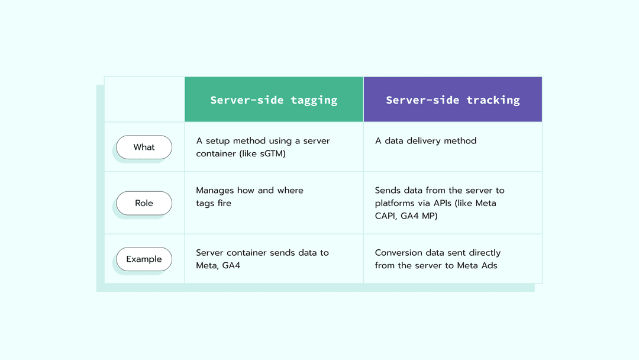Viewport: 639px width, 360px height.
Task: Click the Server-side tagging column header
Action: click(x=274, y=99)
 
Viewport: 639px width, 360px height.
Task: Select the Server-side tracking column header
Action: click(x=453, y=99)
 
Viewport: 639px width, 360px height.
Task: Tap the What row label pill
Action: click(x=144, y=147)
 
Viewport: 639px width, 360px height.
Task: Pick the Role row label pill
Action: click(x=144, y=203)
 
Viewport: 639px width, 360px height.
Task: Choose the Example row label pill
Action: click(x=144, y=259)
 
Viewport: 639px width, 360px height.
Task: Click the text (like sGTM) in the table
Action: click(x=262, y=153)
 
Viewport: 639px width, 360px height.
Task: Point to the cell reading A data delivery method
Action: click(x=425, y=141)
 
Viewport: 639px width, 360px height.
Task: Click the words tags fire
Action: click(x=214, y=203)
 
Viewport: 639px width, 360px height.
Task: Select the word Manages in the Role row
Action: click(x=215, y=191)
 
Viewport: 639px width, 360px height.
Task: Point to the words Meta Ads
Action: click(x=477, y=265)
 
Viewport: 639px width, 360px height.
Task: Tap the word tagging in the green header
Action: click(x=314, y=100)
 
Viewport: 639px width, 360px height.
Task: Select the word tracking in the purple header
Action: click(x=493, y=100)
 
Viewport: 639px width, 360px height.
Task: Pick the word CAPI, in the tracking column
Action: click(x=388, y=216)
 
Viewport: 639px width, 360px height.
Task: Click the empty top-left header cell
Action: click(x=144, y=99)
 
